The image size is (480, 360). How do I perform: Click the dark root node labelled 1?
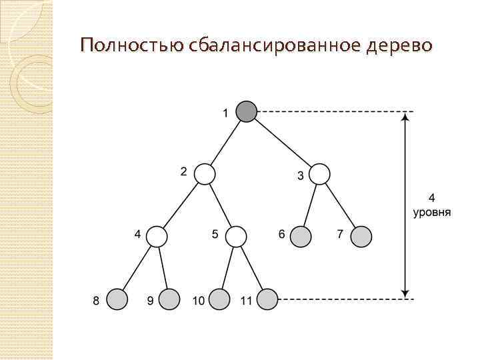point(247,111)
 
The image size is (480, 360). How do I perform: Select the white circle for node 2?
point(205,175)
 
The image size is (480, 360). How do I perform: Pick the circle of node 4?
point(157,236)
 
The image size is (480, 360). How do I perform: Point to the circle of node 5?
point(236,236)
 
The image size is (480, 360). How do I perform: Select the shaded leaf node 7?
point(361,236)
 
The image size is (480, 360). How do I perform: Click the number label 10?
point(198,301)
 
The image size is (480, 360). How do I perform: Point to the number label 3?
point(300,176)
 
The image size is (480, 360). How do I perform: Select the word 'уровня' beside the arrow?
point(431,213)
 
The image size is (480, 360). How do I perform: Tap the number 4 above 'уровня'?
point(431,199)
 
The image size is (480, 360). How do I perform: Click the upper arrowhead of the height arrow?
point(405,118)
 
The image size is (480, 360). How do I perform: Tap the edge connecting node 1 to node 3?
point(283,143)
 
